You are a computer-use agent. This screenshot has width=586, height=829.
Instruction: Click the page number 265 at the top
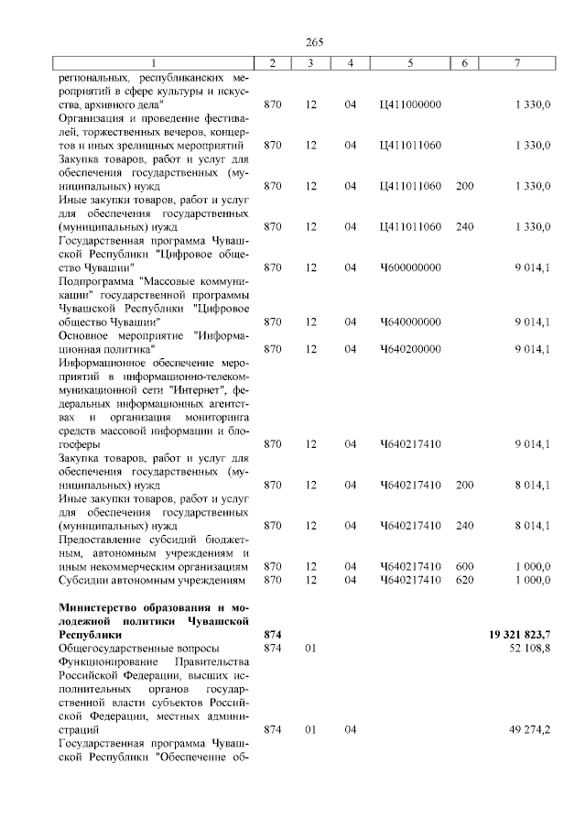pos(315,41)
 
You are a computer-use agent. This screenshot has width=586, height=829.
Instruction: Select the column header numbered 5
pos(409,63)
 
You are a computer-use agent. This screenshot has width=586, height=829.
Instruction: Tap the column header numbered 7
pos(518,63)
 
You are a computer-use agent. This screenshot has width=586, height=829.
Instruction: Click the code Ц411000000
pos(409,104)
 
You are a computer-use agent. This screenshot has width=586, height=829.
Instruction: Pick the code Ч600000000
pos(409,267)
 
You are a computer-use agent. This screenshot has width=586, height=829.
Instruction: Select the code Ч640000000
pos(409,322)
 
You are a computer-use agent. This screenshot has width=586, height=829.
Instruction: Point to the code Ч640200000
pos(409,349)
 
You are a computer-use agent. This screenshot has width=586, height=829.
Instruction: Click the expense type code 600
pos(464,567)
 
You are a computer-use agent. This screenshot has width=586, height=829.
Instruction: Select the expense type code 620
pos(464,580)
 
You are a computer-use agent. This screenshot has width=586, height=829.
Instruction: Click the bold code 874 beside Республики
pos(272,634)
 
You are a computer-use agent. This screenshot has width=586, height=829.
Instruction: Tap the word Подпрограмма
pos(96,281)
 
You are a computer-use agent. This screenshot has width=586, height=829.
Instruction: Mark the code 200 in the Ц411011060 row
pos(464,186)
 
